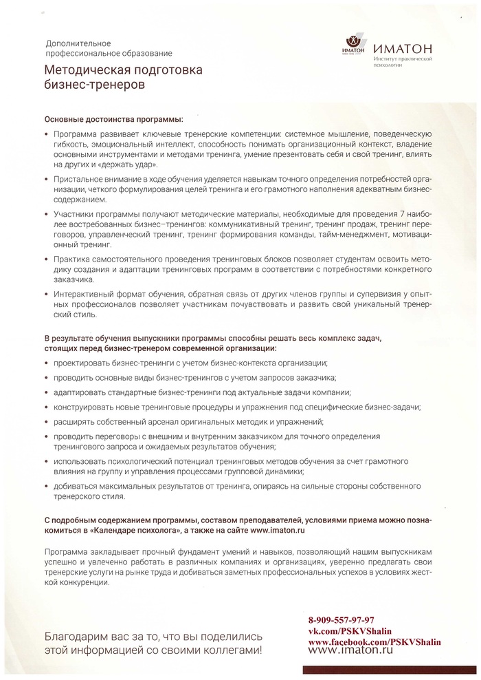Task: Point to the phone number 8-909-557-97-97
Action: pos(341,620)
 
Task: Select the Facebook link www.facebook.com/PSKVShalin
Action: pos(374,641)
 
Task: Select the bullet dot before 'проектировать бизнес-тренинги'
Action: pos(46,363)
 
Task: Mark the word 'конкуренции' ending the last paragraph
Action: pos(81,582)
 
